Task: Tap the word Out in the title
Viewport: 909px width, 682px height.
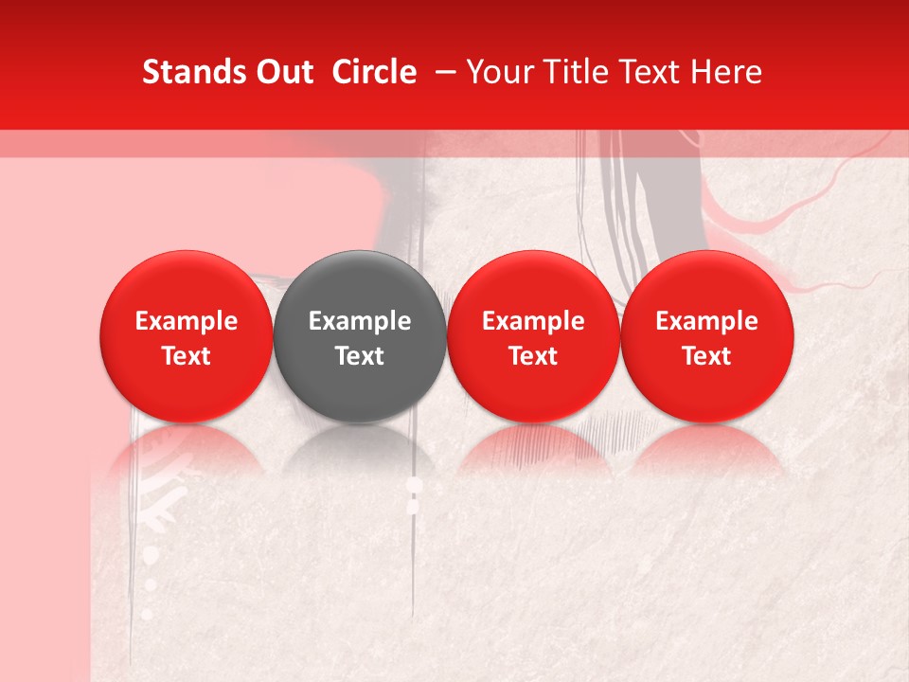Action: pos(282,72)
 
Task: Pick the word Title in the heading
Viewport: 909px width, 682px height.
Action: pos(572,72)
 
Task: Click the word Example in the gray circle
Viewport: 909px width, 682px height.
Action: pos(360,321)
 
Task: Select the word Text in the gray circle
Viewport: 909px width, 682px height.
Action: pos(360,356)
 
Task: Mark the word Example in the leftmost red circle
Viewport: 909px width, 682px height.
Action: pos(187,321)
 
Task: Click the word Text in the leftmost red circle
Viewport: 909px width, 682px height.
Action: pos(187,356)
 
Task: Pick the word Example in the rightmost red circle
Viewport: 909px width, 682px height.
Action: pos(707,321)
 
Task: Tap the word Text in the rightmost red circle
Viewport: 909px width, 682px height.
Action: pos(707,356)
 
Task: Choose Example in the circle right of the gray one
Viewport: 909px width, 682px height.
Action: pos(533,321)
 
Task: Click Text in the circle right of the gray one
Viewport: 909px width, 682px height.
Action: pos(533,356)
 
